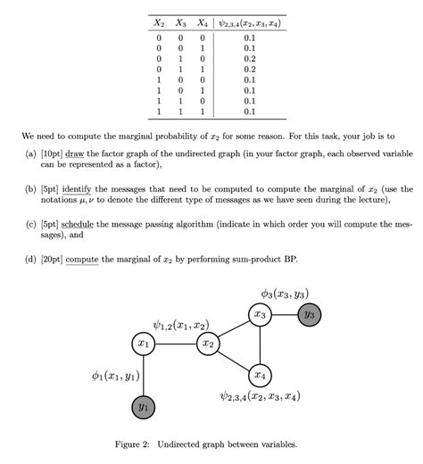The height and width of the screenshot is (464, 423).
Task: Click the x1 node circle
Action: pos(143,343)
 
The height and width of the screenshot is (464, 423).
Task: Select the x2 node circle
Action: pos(208,343)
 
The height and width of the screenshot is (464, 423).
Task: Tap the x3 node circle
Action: pos(259,315)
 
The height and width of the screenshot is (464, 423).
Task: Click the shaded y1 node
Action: pos(143,408)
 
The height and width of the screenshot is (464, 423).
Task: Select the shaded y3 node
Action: pos(309,315)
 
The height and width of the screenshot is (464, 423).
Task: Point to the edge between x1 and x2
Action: pos(175,343)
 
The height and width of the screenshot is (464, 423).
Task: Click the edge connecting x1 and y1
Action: pos(143,375)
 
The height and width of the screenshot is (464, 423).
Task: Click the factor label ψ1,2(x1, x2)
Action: pos(181,324)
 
